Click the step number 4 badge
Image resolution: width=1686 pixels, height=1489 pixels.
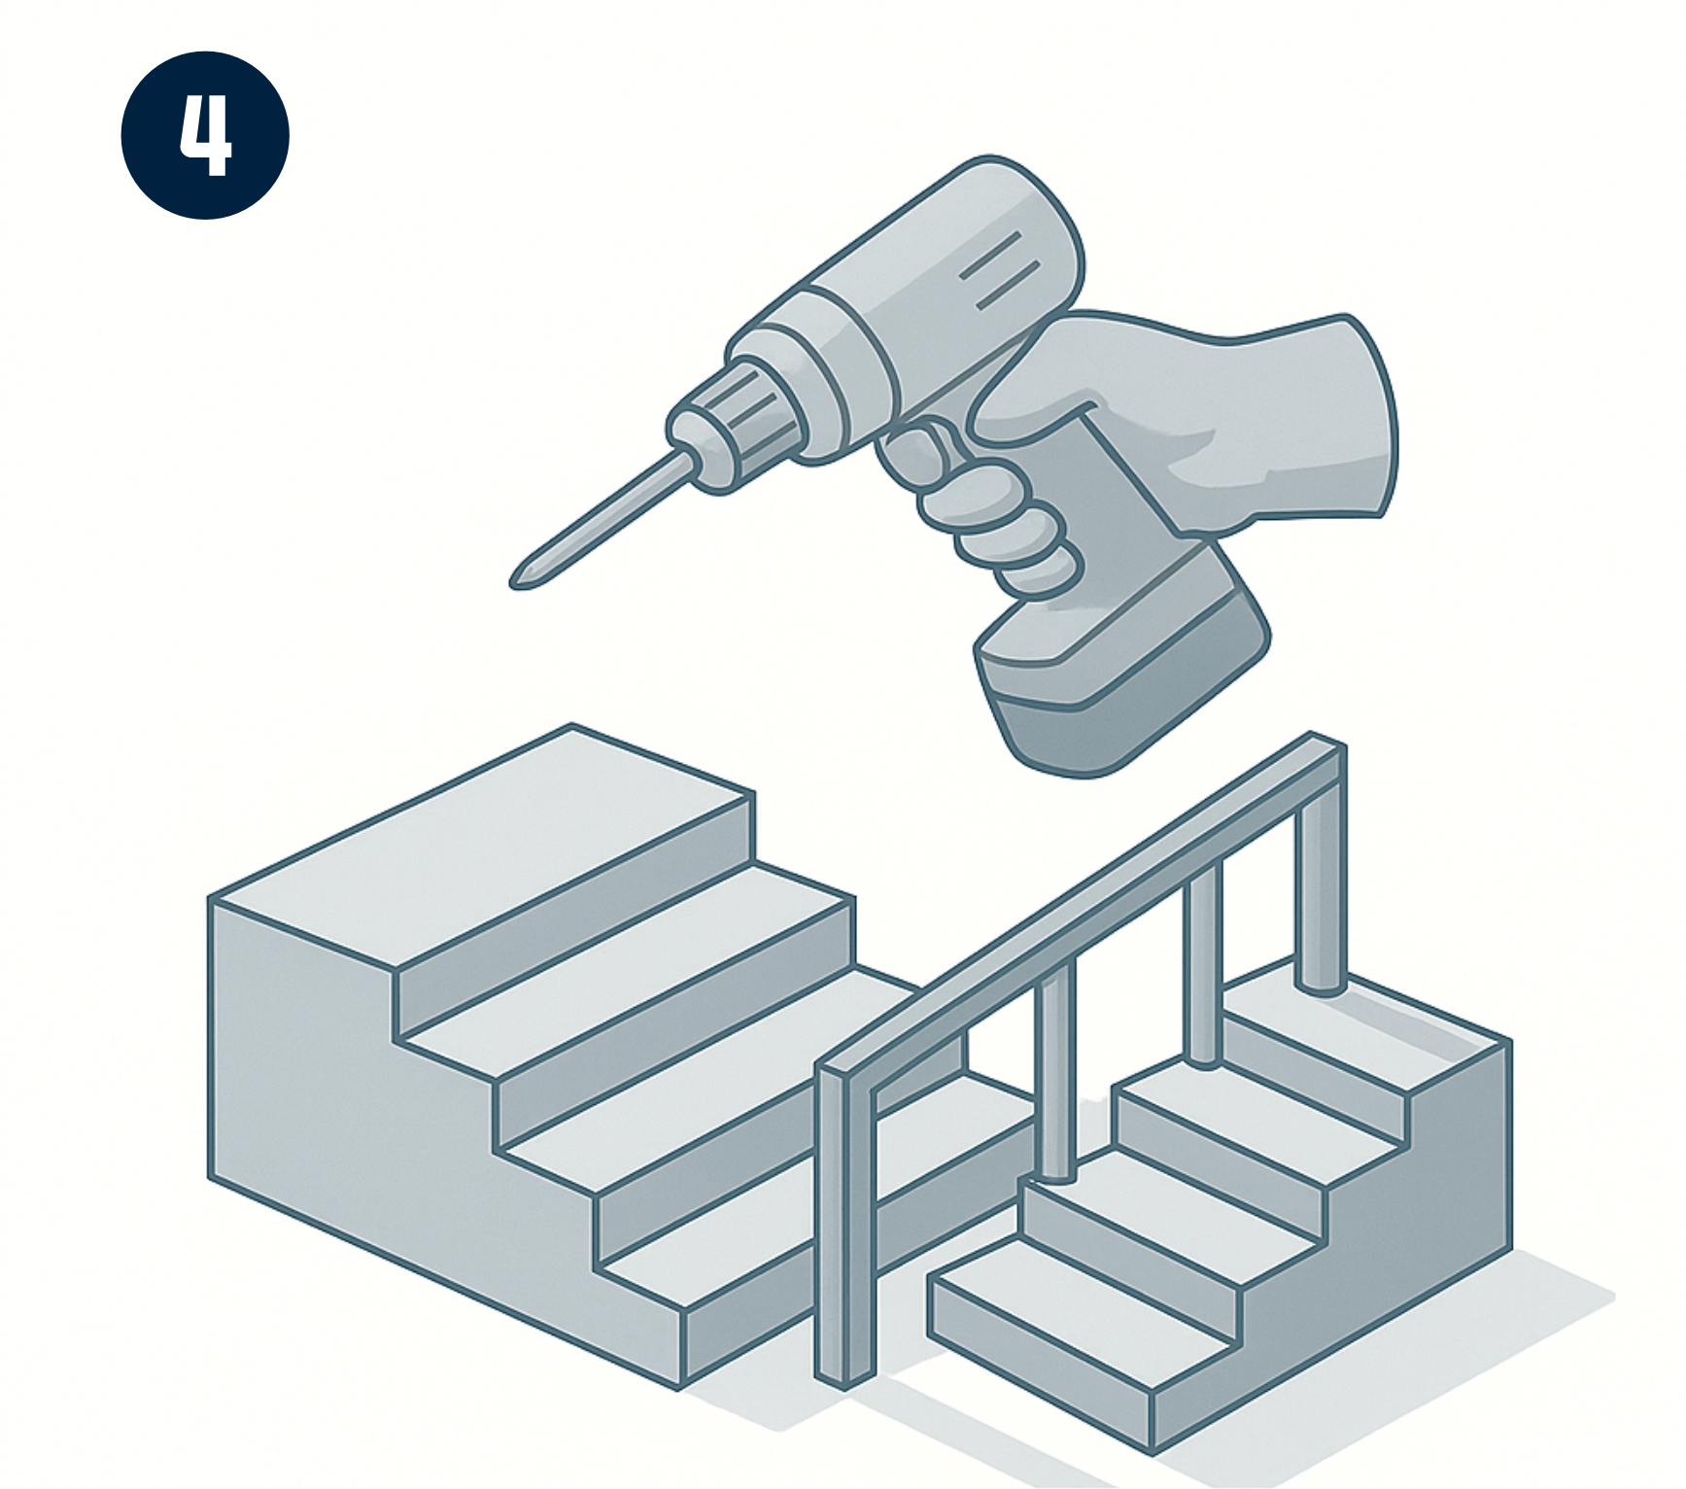(205, 135)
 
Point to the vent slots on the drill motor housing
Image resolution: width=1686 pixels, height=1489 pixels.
(1001, 269)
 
